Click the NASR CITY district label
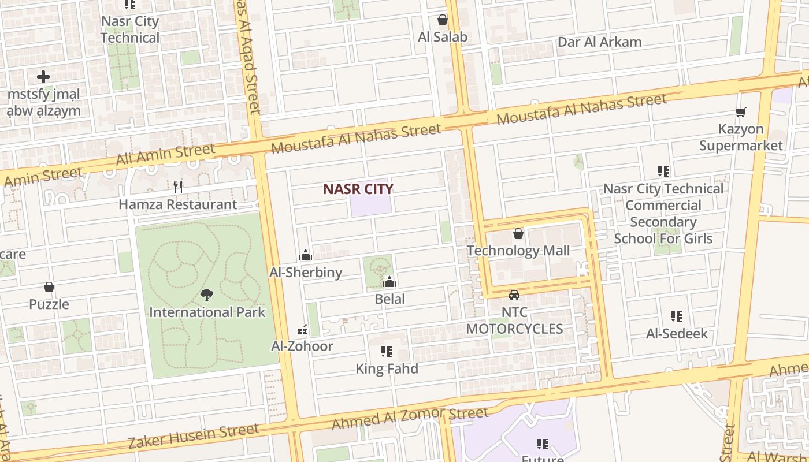click(358, 189)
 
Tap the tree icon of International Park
click(207, 296)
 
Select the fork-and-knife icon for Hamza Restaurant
click(178, 187)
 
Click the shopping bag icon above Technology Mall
click(518, 233)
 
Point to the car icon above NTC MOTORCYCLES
click(514, 295)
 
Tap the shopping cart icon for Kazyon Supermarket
click(740, 112)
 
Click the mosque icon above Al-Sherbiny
click(306, 255)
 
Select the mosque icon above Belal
click(389, 282)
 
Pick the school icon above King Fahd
click(387, 352)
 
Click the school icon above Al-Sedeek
click(677, 316)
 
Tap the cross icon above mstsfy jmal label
click(43, 76)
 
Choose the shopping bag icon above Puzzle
click(49, 287)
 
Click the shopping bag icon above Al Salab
click(442, 20)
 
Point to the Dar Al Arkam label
click(599, 42)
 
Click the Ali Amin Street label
click(165, 154)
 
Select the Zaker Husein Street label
click(193, 435)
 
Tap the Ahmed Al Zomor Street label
click(410, 418)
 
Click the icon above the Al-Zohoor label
click(302, 330)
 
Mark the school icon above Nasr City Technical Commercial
click(663, 172)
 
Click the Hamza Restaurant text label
click(177, 204)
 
